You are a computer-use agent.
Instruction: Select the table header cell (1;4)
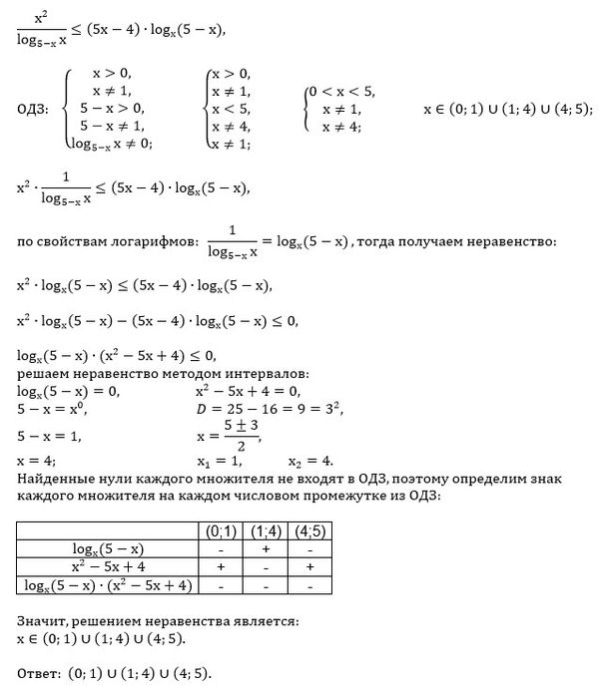266,529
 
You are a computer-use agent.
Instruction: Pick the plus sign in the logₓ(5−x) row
266,547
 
